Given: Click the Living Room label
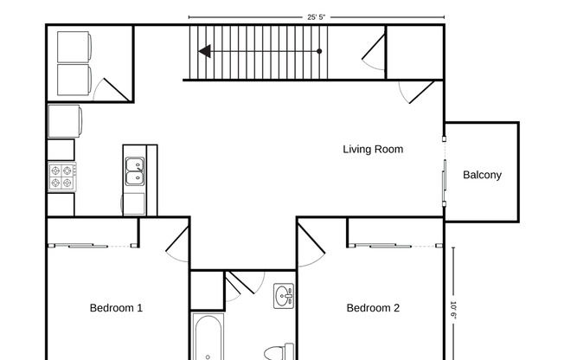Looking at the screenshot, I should point(373,149).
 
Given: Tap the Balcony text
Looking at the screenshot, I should point(482,175).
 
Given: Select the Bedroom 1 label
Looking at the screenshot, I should point(116,307).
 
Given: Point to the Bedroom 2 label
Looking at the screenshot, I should point(373,307).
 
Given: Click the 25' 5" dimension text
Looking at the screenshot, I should point(317,16).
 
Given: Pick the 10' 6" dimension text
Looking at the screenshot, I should point(453,309).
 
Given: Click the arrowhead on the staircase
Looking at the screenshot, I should point(204,52).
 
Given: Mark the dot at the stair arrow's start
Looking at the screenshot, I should point(319,52).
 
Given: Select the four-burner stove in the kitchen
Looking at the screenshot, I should point(61,177).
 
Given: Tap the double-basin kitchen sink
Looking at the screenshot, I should point(135,171).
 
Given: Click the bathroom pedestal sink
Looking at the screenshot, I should point(284,297).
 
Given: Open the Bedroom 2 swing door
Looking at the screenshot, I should point(311,242).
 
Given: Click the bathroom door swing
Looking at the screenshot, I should point(242,284).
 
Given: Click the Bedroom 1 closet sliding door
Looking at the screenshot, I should point(91,246).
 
